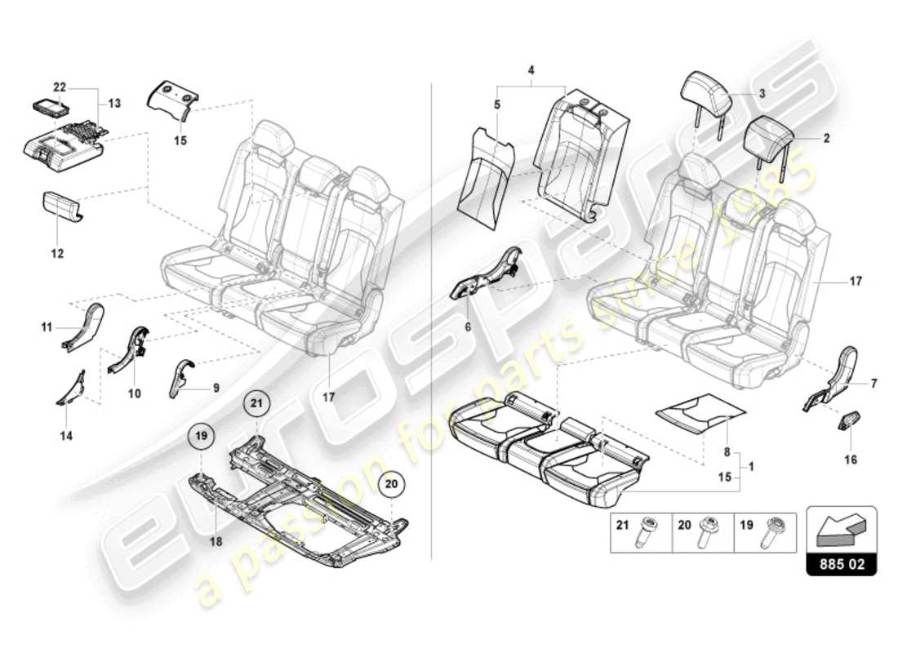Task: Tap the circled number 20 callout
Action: pyautogui.click(x=391, y=483)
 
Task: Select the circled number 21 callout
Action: pyautogui.click(x=258, y=403)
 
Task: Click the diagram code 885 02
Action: pyautogui.click(x=842, y=564)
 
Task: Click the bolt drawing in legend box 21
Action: pyautogui.click(x=651, y=534)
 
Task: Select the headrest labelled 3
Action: pyautogui.click(x=709, y=96)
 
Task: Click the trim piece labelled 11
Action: pyautogui.click(x=83, y=325)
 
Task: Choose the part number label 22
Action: pyautogui.click(x=60, y=87)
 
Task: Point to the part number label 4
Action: pyautogui.click(x=531, y=72)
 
